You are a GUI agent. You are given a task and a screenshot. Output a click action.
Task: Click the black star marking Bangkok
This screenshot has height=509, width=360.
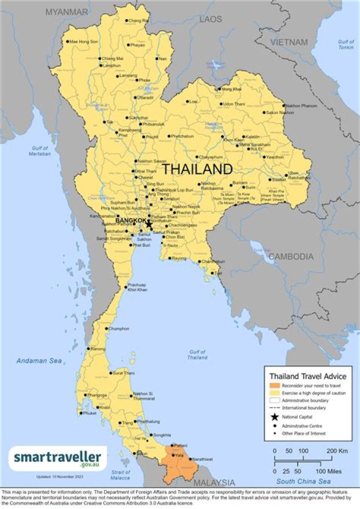pos(148,224)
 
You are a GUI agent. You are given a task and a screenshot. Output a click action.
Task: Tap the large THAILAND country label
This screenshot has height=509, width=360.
pos(197,169)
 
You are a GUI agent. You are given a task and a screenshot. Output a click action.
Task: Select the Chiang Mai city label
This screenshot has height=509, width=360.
pos(113,58)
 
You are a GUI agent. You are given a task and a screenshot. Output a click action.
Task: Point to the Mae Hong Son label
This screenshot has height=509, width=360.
pos(83,41)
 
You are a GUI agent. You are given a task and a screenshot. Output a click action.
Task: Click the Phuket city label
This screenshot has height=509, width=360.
pos(89,413)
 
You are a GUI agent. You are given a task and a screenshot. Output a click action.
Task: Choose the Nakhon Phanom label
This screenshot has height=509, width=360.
pos(302,106)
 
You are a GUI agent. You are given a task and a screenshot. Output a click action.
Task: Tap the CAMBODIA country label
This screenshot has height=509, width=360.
pos(291,257)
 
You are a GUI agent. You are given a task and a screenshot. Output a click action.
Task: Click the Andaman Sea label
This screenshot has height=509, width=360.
pos(38,360)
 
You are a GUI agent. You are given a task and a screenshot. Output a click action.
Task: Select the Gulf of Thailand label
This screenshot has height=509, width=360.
pos(197,355)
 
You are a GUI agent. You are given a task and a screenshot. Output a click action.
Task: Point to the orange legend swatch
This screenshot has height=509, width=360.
pos(273,385)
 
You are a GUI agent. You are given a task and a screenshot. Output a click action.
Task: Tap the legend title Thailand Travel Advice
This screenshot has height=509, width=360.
pos(307,376)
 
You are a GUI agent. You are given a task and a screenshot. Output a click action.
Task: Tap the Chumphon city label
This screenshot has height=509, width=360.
pos(118,328)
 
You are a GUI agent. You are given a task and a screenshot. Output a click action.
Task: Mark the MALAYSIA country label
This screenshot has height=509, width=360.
pos(214,483)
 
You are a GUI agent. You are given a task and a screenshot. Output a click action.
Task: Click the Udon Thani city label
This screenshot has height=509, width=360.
pos(233,104)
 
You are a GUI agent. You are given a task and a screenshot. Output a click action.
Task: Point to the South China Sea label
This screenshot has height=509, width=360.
pos(303,481)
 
